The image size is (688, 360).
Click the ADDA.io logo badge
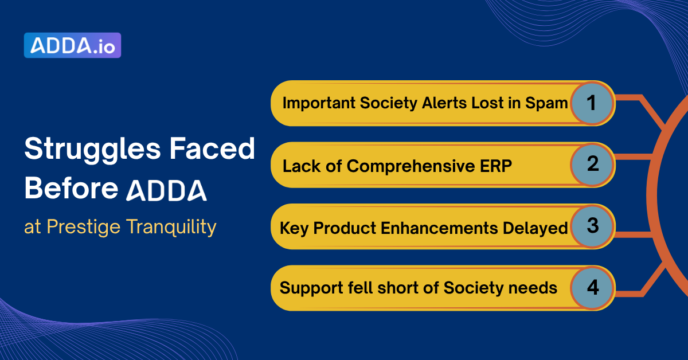click(72, 46)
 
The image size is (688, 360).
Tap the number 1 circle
click(592, 103)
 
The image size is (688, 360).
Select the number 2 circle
click(592, 165)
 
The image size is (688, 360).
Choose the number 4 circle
click(592, 288)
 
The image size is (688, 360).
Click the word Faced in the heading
click(220, 150)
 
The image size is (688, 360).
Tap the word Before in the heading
click(71, 189)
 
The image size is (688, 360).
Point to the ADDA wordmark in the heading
click(166, 190)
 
